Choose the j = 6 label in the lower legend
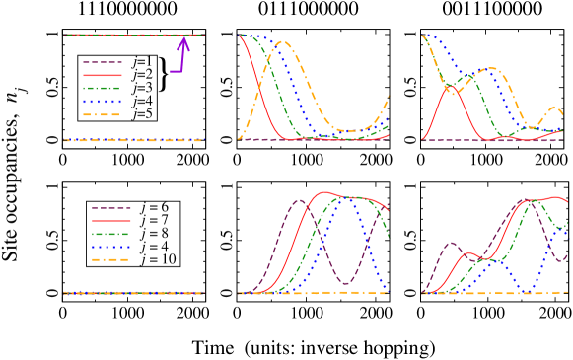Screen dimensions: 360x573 [x=153, y=207]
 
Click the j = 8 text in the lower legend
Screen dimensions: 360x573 [x=153, y=234]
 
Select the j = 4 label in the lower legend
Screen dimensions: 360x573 [x=153, y=247]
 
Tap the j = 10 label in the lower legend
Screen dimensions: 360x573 [x=156, y=259]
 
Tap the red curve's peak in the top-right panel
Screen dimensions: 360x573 [x=451, y=87]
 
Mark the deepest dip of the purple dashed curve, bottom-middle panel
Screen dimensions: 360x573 [x=345, y=284]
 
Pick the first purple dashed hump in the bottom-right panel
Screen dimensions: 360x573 [x=451, y=242]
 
